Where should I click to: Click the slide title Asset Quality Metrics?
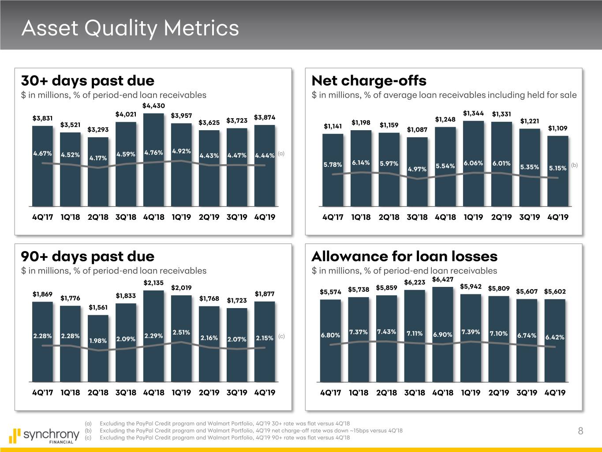click(x=130, y=28)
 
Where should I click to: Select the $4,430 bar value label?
click(x=154, y=105)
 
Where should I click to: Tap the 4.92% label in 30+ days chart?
click(x=181, y=151)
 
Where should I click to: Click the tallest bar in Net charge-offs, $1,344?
click(x=474, y=163)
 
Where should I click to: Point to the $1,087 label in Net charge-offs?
click(x=417, y=129)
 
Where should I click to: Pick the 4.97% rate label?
click(x=417, y=169)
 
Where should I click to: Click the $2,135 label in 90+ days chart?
click(x=153, y=282)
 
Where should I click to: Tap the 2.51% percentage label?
click(x=181, y=332)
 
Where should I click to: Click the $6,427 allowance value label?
click(x=443, y=279)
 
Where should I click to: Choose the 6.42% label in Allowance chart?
click(x=555, y=337)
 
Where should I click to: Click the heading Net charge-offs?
click(x=369, y=81)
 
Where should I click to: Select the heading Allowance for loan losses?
click(x=404, y=256)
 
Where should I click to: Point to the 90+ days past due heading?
click(x=88, y=256)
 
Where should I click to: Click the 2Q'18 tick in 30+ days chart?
click(x=98, y=217)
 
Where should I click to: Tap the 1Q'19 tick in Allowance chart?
click(x=471, y=393)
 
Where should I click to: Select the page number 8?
click(x=580, y=431)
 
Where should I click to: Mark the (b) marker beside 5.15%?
click(x=574, y=165)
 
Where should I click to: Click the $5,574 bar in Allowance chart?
click(x=330, y=340)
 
